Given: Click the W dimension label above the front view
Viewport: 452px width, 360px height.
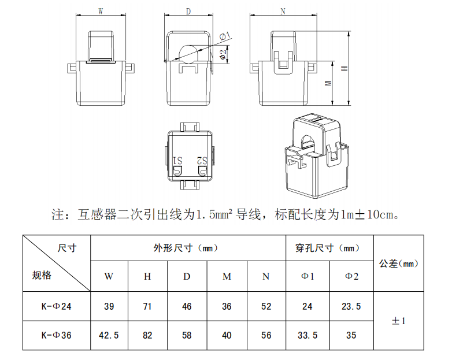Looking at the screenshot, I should point(101,11).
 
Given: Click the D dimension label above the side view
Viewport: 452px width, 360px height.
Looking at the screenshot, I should point(188,11).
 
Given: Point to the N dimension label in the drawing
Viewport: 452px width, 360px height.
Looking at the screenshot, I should point(283,11).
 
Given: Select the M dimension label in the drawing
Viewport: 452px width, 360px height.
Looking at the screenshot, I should point(328,84).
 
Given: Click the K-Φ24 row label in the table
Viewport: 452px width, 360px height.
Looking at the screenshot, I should point(57,307).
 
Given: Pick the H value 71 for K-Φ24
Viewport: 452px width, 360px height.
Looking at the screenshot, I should point(147,307).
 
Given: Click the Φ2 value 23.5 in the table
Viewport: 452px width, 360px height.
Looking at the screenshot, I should point(351,307).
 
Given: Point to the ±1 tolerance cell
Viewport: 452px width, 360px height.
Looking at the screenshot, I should point(399,321).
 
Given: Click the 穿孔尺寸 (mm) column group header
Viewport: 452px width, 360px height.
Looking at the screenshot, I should point(330,248).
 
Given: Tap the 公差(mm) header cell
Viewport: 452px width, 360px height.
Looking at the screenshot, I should point(398,263).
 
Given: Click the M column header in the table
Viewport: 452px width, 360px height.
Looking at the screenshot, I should point(227,276).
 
